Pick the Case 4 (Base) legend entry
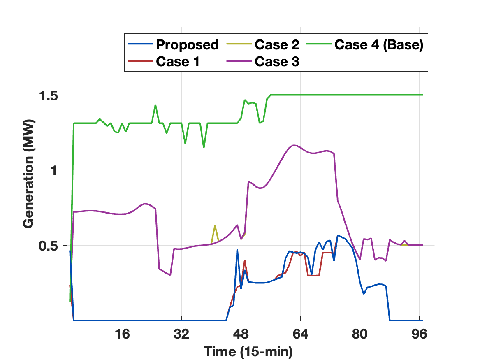coord(379,44)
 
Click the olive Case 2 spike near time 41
coord(215,226)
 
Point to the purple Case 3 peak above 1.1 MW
coord(294,145)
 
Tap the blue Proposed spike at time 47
coord(237,250)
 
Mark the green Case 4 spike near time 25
coord(155,105)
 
